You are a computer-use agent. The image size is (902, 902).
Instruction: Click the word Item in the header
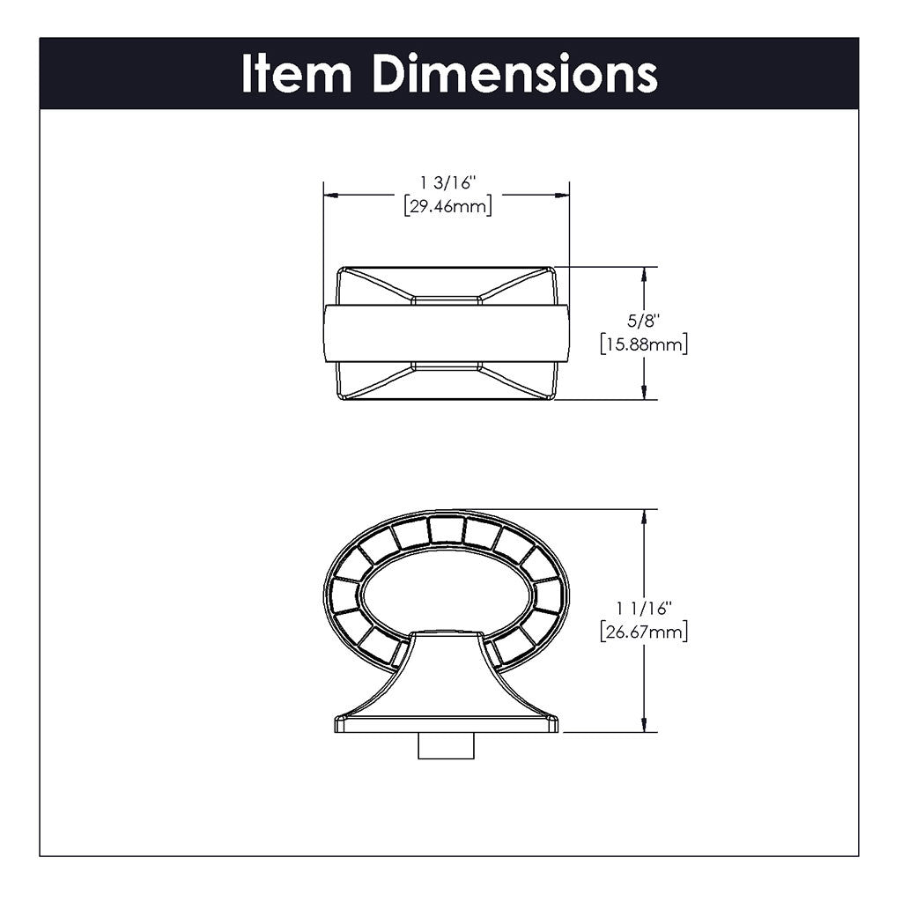[x=296, y=74]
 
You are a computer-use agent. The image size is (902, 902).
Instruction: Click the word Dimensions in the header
[x=515, y=74]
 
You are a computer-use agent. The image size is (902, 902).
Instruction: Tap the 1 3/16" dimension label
[x=448, y=183]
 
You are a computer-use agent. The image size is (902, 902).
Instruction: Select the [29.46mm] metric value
[x=448, y=206]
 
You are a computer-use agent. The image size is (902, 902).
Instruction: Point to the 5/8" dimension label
[x=643, y=321]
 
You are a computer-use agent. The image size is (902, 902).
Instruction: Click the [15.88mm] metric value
[x=644, y=344]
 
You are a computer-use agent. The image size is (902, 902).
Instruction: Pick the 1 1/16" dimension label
[x=644, y=608]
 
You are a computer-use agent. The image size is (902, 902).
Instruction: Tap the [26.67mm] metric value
[x=644, y=632]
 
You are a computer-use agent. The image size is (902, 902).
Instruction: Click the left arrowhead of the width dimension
[x=330, y=196]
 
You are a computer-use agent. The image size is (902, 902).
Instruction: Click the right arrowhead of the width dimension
[x=562, y=196]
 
